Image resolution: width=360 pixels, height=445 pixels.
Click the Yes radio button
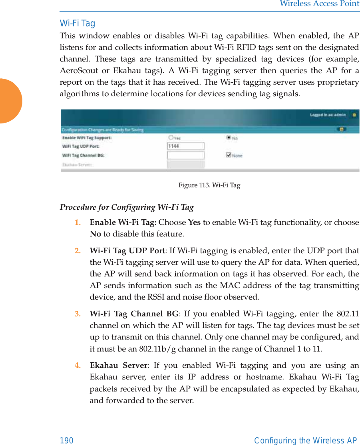pos(171,138)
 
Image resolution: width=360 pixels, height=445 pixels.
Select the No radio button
pos(229,137)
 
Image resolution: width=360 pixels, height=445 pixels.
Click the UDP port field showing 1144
pos(185,146)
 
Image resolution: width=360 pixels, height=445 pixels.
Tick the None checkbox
pos(229,155)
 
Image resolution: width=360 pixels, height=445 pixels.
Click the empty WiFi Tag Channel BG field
pos(185,155)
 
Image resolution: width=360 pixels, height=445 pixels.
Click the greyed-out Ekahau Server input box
pos(185,164)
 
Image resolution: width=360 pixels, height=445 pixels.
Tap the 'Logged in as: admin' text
pos(328,115)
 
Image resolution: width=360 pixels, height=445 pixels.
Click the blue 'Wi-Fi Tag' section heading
pos(78,24)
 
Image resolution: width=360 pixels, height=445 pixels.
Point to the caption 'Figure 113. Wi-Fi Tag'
pos(209,185)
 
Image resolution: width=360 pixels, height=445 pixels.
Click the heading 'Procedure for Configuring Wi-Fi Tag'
pos(127,207)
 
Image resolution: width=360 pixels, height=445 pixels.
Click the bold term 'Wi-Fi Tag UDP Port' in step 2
pos(127,251)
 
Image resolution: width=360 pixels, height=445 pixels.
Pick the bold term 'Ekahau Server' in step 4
pos(118,366)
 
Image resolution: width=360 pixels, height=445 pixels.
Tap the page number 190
pos(67,440)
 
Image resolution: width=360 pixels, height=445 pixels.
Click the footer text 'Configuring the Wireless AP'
pos(306,440)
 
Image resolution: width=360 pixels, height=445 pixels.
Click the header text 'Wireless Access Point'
pos(319,4)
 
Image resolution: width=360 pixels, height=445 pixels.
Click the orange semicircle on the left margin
pos(10,101)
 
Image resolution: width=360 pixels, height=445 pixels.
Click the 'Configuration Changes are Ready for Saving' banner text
pos(102,130)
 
